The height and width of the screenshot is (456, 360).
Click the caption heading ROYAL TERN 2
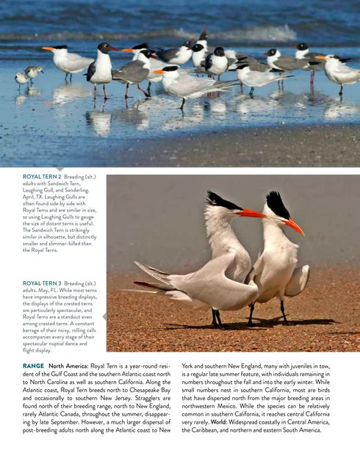pyautogui.click(x=43, y=177)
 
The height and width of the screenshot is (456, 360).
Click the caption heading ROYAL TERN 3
pyautogui.click(x=43, y=283)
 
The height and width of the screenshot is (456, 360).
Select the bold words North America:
pyautogui.click(x=68, y=366)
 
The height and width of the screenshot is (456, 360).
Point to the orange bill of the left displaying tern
pyautogui.click(x=250, y=214)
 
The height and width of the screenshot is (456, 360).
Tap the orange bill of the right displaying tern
pyautogui.click(x=293, y=226)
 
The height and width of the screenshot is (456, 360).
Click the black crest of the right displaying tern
pyautogui.click(x=278, y=203)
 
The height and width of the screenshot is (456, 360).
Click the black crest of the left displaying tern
pyautogui.click(x=220, y=199)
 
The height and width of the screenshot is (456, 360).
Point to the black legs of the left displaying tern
pyautogui.click(x=217, y=317)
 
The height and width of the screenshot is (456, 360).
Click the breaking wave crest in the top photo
pyautogui.click(x=242, y=33)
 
